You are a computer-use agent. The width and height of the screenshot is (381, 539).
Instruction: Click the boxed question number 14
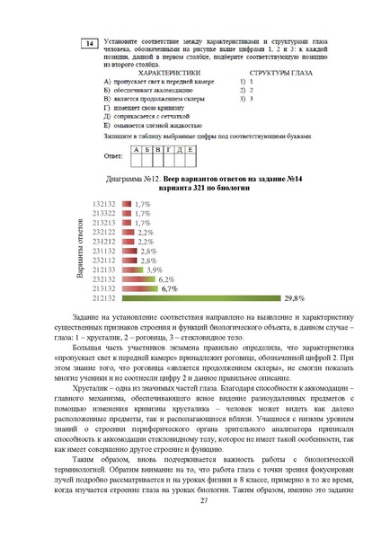point(88,43)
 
